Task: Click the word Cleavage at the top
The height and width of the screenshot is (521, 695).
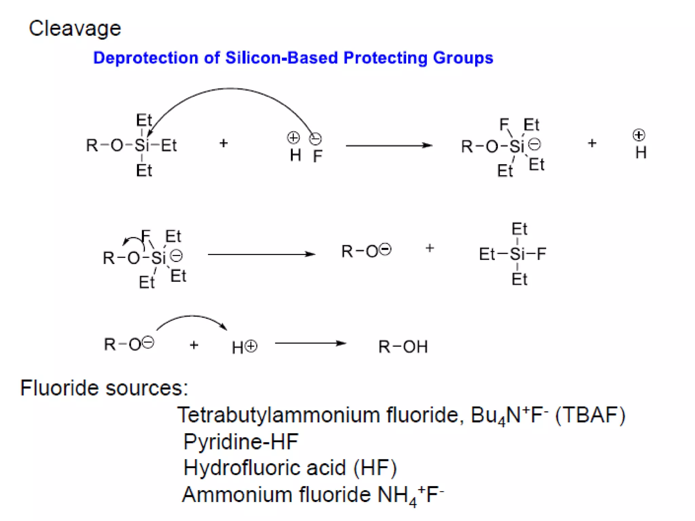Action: coord(75,28)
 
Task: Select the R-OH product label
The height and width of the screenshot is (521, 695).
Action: coord(403,347)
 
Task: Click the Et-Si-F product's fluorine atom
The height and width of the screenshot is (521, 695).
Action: coord(541,254)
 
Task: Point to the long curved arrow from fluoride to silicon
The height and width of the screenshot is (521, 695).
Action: coord(230,89)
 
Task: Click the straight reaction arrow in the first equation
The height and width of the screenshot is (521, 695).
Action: coord(389,146)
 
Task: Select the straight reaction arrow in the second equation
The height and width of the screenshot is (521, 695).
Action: coord(261,254)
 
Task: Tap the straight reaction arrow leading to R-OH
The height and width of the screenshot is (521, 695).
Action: coord(310,343)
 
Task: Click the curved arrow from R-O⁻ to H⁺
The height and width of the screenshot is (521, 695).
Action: coord(192,317)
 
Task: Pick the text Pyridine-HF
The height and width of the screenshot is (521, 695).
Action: coord(241,442)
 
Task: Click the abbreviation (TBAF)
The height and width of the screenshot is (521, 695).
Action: coord(590,415)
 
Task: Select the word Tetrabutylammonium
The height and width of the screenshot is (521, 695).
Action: coord(279,415)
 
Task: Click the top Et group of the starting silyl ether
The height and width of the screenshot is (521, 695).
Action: coord(144,120)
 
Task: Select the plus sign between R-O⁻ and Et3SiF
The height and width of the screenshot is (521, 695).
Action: coord(430,248)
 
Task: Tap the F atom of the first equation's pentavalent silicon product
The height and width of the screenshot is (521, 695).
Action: coord(504,124)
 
